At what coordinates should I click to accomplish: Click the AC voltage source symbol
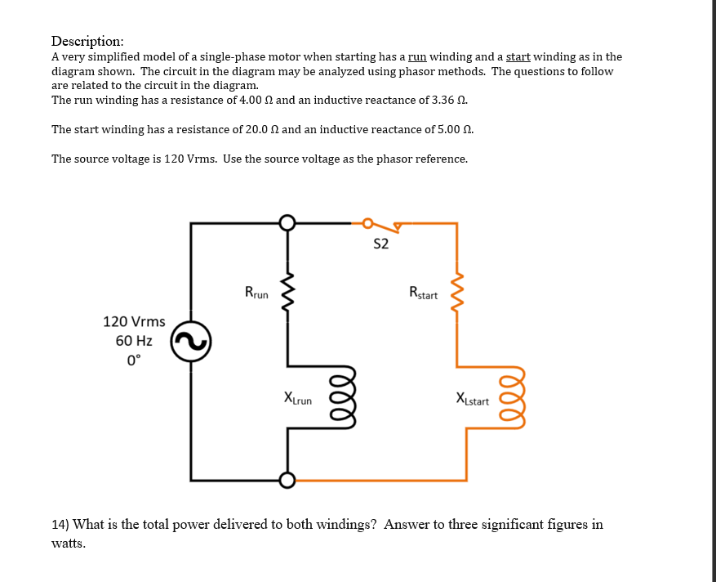click(191, 344)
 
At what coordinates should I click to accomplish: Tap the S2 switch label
click(380, 244)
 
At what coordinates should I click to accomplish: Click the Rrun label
click(257, 292)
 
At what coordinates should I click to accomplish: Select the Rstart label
click(424, 293)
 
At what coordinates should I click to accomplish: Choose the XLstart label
click(473, 400)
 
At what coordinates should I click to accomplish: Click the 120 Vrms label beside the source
click(134, 322)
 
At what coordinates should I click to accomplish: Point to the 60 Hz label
click(134, 340)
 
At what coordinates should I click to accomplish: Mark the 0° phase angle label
click(134, 359)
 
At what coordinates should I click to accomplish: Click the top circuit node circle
click(287, 222)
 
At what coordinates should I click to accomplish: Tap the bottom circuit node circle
click(287, 480)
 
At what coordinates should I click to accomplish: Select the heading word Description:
click(87, 41)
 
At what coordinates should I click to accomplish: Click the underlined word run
click(417, 57)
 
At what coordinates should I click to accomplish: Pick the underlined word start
click(518, 57)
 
